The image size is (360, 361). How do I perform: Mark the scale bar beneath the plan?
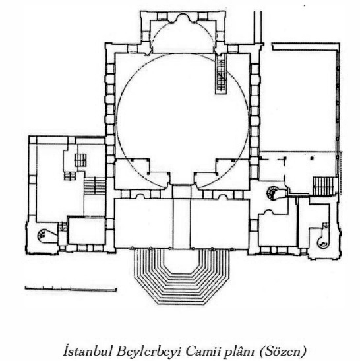coord(71,289)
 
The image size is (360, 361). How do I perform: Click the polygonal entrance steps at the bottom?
coord(181,277)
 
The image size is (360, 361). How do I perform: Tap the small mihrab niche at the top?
coord(183,18)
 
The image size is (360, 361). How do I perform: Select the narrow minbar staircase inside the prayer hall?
coord(221,74)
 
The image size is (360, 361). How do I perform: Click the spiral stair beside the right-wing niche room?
coord(272,193)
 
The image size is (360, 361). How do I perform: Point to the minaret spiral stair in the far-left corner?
coord(42,236)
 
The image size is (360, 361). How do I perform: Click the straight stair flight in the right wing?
coord(324,186)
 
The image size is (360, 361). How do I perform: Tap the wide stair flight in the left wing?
coord(95,185)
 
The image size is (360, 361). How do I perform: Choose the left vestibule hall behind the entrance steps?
coord(144,223)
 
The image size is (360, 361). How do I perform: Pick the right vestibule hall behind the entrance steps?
coord(220,223)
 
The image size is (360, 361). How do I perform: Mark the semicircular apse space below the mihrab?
coord(183,38)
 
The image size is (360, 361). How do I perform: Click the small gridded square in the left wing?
coord(80,160)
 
